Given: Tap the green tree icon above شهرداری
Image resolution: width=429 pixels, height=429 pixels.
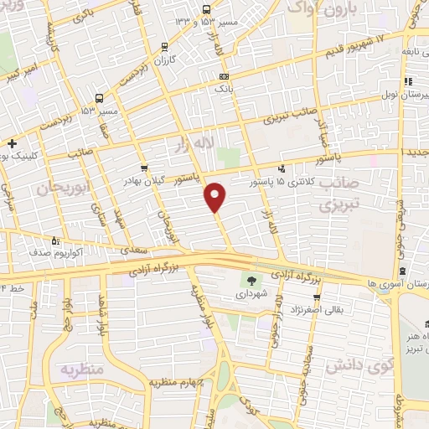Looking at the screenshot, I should click(x=251, y=280).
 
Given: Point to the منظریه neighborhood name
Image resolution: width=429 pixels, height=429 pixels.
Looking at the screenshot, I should click(x=80, y=370).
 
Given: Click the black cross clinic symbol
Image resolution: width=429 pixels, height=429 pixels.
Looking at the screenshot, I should click(x=11, y=144).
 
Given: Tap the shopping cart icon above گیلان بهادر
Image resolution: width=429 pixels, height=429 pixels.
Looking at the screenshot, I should click(x=144, y=168).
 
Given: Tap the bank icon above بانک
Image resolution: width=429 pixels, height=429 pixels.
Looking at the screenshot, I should click(x=223, y=76).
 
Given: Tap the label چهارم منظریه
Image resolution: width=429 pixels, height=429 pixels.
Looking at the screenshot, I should click(x=177, y=383).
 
